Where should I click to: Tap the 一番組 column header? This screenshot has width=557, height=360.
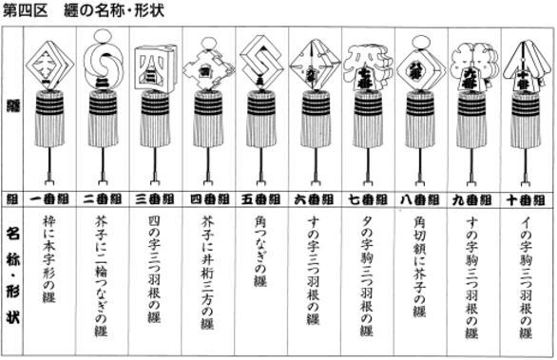(49, 200)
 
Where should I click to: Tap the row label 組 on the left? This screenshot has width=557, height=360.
(11, 200)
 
